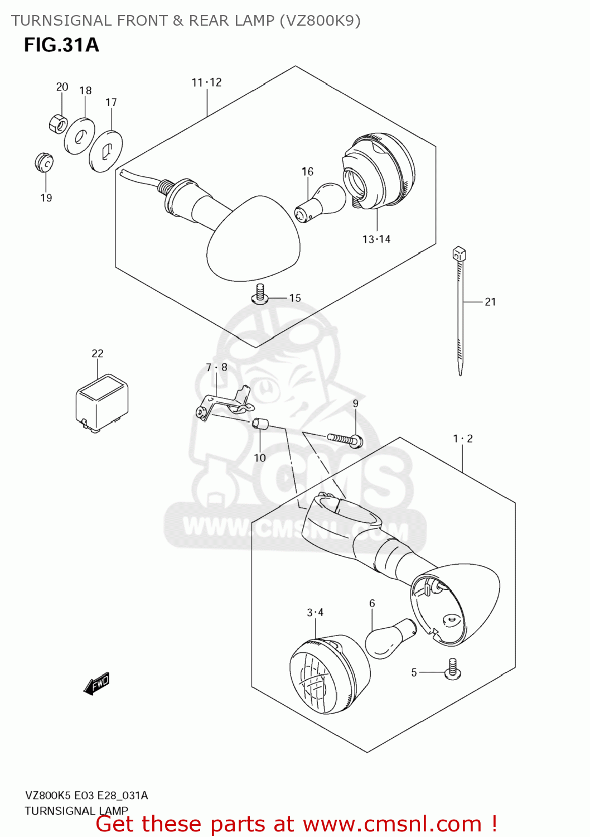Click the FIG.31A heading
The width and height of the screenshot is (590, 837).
(61, 45)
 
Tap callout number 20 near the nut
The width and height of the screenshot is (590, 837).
(62, 86)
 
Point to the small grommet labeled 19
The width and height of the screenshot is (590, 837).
(43, 162)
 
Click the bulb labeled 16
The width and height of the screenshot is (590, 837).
(320, 202)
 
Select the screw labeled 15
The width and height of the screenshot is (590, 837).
(259, 294)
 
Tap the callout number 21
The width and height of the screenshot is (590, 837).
(490, 302)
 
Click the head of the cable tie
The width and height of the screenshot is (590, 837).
(459, 254)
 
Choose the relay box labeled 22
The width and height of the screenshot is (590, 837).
(101, 402)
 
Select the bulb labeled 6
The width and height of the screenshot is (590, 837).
(390, 638)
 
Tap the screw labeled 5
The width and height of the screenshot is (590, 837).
(452, 670)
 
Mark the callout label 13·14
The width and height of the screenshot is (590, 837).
(376, 239)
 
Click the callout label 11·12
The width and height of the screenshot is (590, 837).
(206, 83)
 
